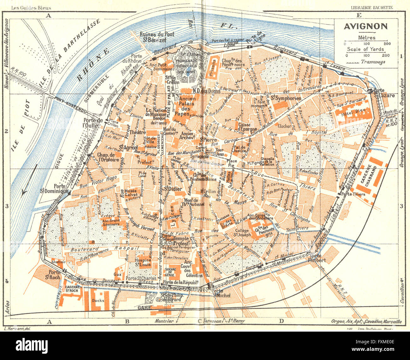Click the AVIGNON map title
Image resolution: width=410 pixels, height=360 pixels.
pyautogui.click(x=366, y=26)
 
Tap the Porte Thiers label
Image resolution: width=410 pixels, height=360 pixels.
pyautogui.click(x=355, y=194)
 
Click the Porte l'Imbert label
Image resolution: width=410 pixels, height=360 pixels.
pyautogui.click(x=318, y=258)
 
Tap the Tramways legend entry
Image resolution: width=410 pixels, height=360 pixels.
pyautogui.click(x=373, y=62)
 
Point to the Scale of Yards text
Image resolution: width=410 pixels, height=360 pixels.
pyautogui.click(x=365, y=49)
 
